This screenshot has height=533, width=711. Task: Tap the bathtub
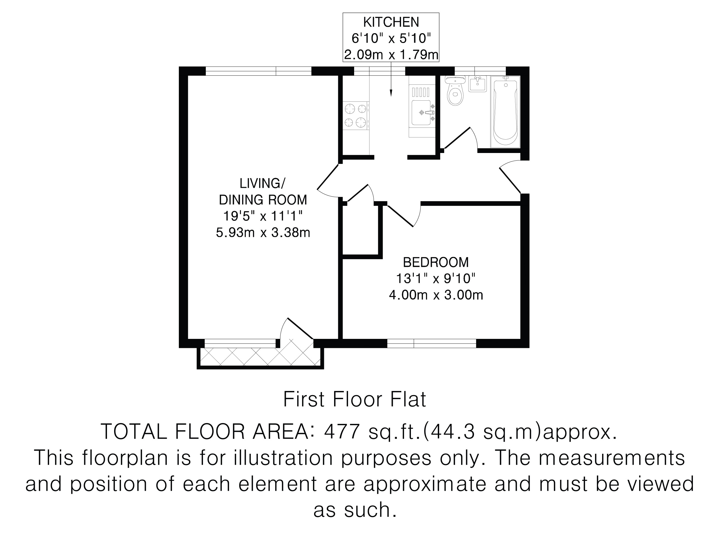pos(505,112)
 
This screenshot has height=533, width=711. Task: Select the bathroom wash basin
pos(478,84)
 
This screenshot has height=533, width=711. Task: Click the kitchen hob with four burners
pos(356,116)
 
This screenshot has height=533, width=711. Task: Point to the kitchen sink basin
pos(421,112)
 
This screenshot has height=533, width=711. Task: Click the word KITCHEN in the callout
pos(391,22)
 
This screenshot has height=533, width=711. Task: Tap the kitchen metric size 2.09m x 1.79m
pos(391,55)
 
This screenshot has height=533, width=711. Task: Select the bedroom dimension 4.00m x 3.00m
pos(436,295)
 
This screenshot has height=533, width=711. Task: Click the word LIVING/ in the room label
pos(263,183)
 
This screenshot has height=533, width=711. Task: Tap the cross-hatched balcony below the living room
pos(260,357)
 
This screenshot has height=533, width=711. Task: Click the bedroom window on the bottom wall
pos(431,344)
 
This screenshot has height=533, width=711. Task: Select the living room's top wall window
pos(258,71)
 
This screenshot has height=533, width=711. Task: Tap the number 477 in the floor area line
pos(342,432)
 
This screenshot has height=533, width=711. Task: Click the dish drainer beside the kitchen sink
pos(421,92)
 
